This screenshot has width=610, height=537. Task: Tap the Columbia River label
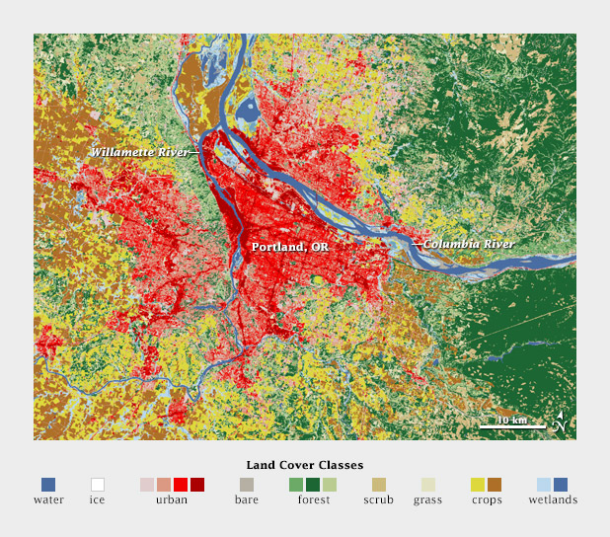[469, 244]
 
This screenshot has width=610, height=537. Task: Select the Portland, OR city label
[289, 247]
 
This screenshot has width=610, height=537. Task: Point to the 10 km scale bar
[512, 425]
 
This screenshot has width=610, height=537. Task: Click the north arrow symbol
[560, 422]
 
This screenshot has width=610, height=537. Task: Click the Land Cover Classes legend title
[304, 464]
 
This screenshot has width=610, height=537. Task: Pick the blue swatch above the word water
[48, 485]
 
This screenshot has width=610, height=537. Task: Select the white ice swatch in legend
[98, 485]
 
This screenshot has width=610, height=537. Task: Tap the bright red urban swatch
[181, 485]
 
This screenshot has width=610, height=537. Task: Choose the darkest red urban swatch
[197, 485]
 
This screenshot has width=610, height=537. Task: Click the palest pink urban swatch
[147, 485]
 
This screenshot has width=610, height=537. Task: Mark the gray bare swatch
[247, 485]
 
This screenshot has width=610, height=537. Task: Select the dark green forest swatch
[313, 485]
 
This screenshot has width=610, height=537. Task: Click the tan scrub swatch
[378, 485]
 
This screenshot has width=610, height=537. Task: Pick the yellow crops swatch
[478, 485]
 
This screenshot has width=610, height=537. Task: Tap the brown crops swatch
[495, 485]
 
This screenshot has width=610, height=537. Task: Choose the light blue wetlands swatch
[544, 485]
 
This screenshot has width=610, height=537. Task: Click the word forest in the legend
[313, 500]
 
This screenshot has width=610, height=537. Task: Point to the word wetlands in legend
[552, 500]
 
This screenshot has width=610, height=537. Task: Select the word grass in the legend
[427, 500]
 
